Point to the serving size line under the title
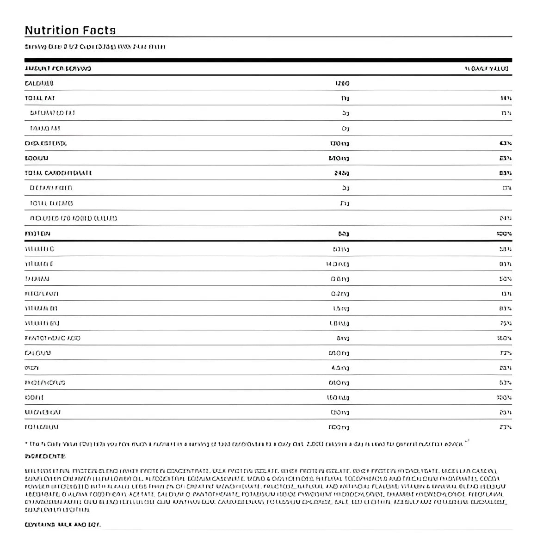tap(95, 47)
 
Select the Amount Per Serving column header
tap(58, 68)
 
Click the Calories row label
tap(39, 83)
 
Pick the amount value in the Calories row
tap(342, 83)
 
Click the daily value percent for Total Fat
tap(506, 98)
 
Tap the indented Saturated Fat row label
tap(52, 113)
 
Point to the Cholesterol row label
tap(46, 143)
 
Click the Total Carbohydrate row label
tap(58, 173)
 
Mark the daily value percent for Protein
tap(504, 234)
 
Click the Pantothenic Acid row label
tap(52, 338)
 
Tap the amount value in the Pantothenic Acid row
tap(343, 338)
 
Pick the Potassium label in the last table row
tap(42, 427)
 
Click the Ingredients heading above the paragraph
tap(45, 456)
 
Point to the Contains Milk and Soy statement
tap(62, 524)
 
